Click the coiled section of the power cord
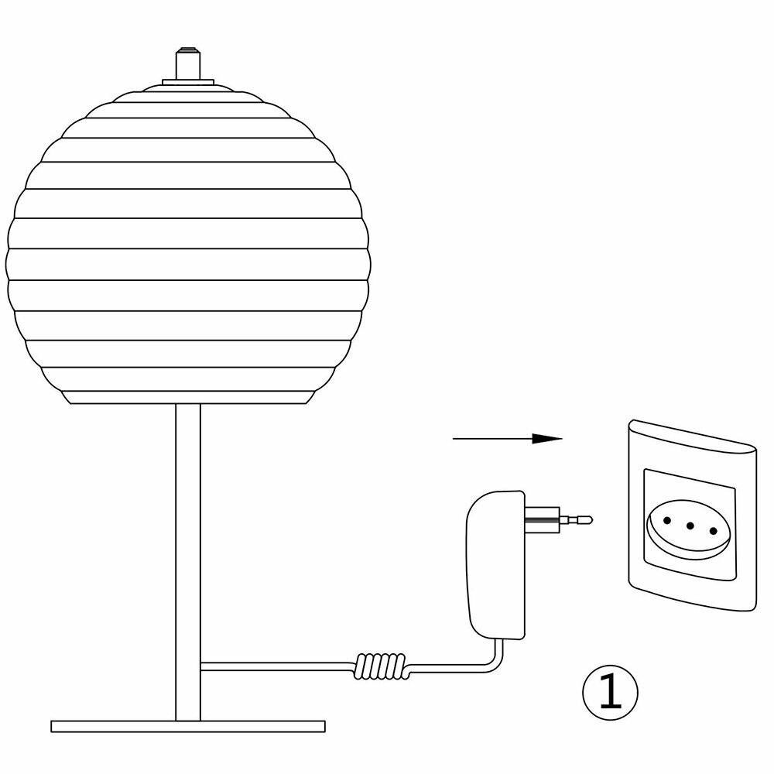(380, 663)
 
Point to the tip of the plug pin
(590, 519)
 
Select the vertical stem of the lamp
(187, 542)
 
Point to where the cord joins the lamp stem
(201, 663)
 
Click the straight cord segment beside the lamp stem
(279, 663)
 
